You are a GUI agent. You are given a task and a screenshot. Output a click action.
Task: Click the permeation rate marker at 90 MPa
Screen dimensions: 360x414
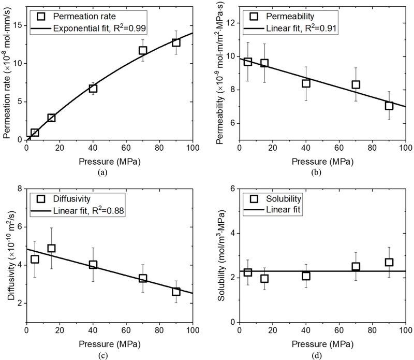[176, 42]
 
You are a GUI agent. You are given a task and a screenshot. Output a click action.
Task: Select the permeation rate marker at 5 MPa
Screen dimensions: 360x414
[35, 133]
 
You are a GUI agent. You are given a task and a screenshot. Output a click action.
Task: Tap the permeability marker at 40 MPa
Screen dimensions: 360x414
[306, 83]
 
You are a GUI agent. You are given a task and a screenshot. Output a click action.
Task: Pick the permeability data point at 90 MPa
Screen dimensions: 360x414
[389, 106]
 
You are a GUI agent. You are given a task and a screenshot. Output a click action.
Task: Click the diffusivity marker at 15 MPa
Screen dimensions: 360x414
[51, 248]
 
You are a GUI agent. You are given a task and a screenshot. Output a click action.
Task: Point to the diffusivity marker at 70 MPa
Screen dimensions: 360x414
[143, 278]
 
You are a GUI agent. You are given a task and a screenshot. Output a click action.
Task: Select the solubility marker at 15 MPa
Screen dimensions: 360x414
[264, 279]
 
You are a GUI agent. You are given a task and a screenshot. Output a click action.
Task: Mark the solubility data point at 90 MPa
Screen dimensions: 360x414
[389, 262]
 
